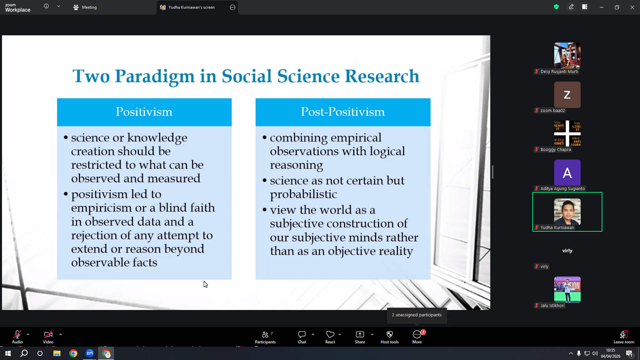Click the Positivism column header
[144, 112]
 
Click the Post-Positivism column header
[343, 112]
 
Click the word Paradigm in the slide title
[155, 77]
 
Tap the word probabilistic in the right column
[303, 194]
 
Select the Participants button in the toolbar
[265, 337]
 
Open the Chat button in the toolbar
[302, 337]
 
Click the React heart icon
[330, 334]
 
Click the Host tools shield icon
[390, 334]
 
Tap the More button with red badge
[417, 337]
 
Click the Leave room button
[624, 337]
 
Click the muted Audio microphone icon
[17, 334]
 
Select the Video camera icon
[48, 334]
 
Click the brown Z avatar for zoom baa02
[567, 95]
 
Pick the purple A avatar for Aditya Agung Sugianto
[567, 173]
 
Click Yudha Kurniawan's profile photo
[567, 212]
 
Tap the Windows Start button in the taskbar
[8, 353]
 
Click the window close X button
[632, 7]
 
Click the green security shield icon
[556, 7]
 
